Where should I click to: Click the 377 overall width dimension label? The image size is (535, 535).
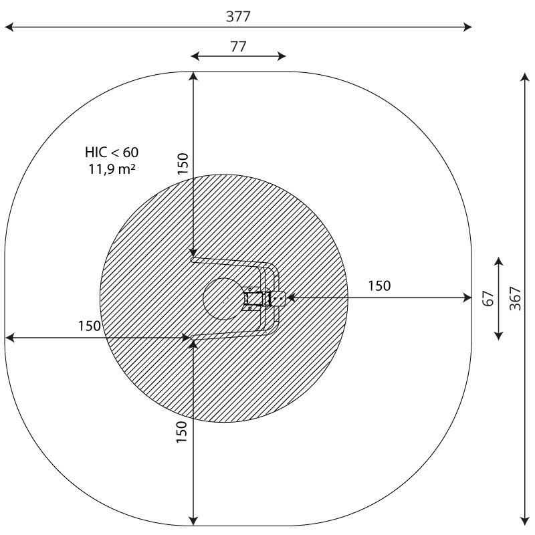[238, 16]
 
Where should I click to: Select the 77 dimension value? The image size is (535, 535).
[238, 46]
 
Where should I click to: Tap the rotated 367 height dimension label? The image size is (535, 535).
[515, 298]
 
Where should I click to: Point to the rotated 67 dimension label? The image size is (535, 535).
[489, 298]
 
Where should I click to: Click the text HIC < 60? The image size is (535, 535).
[112, 152]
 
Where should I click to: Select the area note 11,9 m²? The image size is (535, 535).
[112, 169]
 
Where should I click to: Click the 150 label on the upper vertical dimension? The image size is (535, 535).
[183, 163]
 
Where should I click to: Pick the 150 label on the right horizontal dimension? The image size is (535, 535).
[379, 286]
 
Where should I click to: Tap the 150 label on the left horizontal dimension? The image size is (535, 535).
[90, 326]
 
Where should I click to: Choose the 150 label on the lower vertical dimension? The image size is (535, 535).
[181, 432]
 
